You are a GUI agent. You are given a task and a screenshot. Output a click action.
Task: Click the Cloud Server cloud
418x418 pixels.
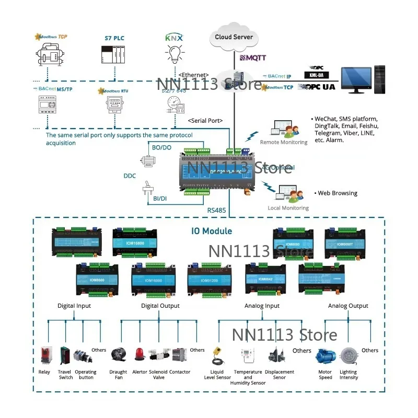234,38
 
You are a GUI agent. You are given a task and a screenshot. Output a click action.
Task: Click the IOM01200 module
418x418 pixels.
209,282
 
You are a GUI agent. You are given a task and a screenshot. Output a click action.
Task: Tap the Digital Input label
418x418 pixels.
74,306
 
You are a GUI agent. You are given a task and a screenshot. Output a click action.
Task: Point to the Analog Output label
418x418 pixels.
348,306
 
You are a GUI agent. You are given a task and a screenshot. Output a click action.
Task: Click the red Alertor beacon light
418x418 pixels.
140,356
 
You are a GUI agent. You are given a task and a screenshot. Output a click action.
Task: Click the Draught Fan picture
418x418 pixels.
119,356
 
